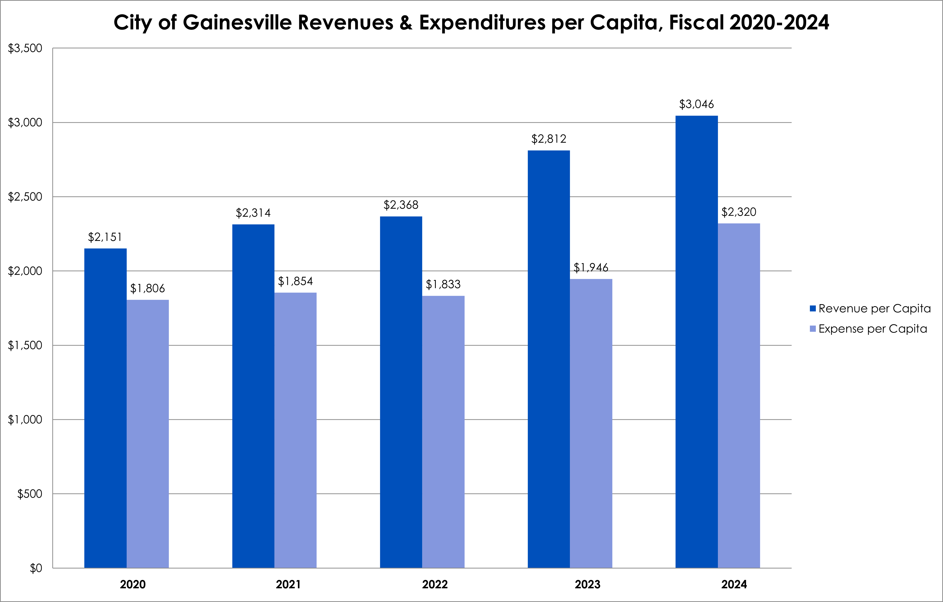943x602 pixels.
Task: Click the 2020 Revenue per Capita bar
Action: point(105,408)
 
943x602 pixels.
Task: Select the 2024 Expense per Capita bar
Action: point(738,396)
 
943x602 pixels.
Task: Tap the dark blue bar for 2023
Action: point(549,359)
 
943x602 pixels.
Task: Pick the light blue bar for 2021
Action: point(295,430)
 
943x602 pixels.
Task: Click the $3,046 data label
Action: point(696,104)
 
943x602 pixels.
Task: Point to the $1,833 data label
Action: point(443,285)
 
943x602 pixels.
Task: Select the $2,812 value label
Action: point(548,139)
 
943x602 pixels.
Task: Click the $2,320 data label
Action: point(738,212)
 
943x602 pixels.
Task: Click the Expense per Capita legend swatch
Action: point(813,329)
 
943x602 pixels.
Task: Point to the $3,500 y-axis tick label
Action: point(25,48)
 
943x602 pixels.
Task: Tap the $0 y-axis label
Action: point(36,568)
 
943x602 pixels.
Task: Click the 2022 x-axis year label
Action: point(435,584)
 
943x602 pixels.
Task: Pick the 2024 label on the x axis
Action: point(734,584)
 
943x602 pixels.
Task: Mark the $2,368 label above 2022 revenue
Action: point(401,205)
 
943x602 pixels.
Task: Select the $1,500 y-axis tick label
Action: point(25,345)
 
